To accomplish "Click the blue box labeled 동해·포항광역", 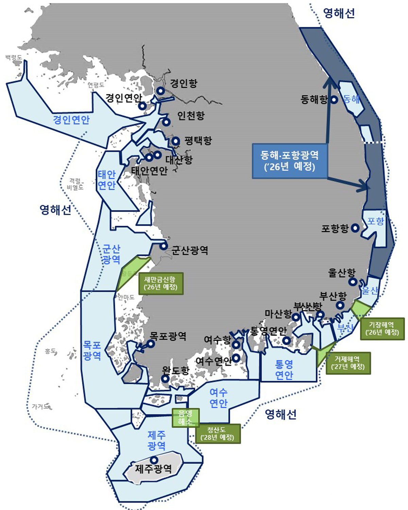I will (x=289, y=161).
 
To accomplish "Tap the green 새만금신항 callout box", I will (x=161, y=283).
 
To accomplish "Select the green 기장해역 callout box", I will (x=382, y=328).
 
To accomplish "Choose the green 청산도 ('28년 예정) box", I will (x=218, y=434).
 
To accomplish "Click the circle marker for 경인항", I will (x=160, y=91).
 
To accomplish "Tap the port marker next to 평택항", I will (x=175, y=141).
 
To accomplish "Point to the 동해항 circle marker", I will (x=334, y=100).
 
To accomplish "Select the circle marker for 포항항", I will (x=355, y=228).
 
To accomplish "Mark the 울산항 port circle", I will (x=353, y=282).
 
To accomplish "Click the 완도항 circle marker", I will (x=165, y=378).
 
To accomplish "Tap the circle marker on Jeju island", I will (x=154, y=460).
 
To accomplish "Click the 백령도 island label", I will (x=14, y=57).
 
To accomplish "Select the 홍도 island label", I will (x=50, y=351).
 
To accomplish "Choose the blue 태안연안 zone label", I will (x=107, y=180).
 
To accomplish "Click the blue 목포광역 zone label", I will (x=92, y=351).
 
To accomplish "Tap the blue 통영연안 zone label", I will (x=284, y=370).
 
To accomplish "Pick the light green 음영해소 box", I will (x=185, y=418).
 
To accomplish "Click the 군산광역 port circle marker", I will (x=164, y=246).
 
